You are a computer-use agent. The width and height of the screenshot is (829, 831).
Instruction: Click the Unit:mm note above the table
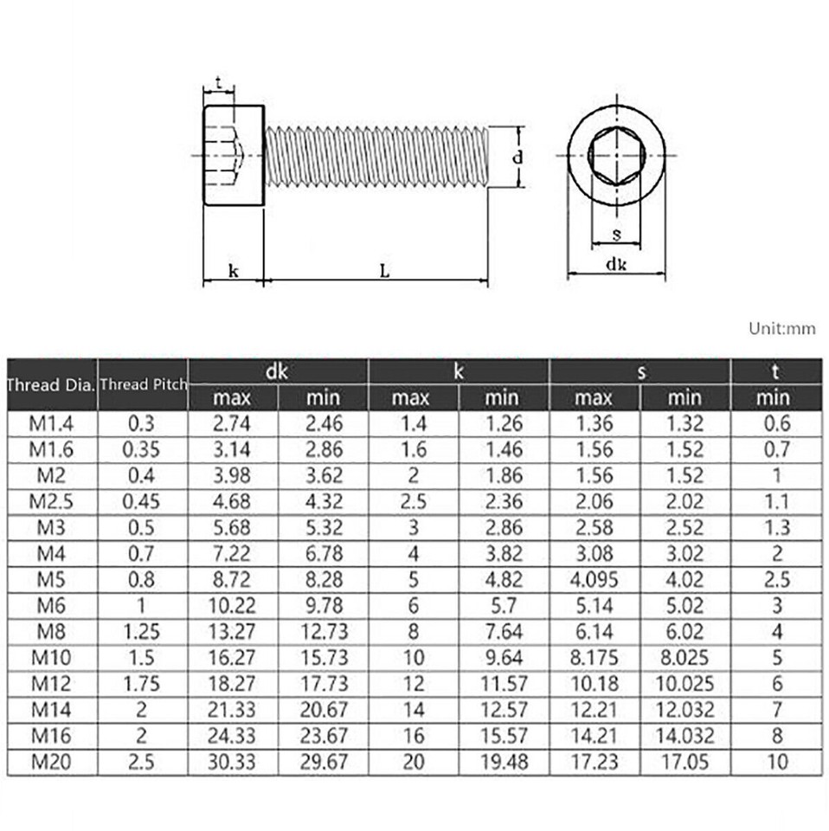pyautogui.click(x=782, y=328)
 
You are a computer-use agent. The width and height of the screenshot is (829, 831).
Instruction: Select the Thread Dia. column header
pyautogui.click(x=51, y=384)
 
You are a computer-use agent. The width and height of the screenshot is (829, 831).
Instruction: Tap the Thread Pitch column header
pyautogui.click(x=143, y=383)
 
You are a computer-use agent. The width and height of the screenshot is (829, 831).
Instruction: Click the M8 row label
pyautogui.click(x=51, y=631)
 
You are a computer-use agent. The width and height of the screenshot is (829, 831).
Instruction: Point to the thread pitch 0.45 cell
pyautogui.click(x=143, y=501)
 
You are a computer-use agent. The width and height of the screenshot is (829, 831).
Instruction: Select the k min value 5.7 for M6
pyautogui.click(x=502, y=605)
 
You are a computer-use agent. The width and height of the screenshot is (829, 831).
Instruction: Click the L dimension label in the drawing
pyautogui.click(x=384, y=270)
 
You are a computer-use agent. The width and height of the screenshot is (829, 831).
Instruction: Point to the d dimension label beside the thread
pyautogui.click(x=517, y=158)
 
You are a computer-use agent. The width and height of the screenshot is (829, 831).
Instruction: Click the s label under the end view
pyautogui.click(x=616, y=234)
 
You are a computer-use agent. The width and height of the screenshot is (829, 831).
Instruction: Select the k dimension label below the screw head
pyautogui.click(x=234, y=270)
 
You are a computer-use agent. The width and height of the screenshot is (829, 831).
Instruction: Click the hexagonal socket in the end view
pyautogui.click(x=616, y=157)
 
